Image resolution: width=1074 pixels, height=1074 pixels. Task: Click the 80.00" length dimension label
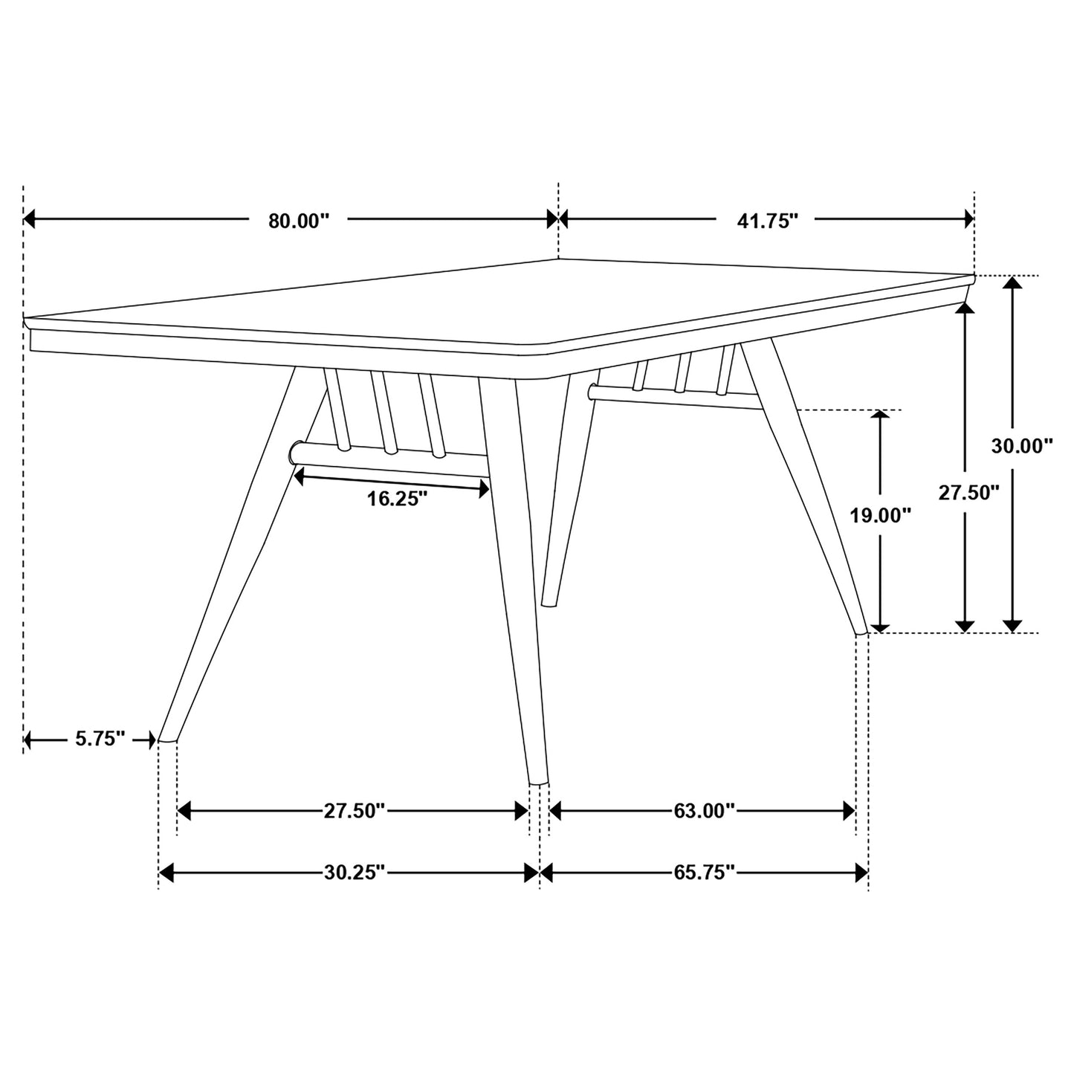click(x=298, y=220)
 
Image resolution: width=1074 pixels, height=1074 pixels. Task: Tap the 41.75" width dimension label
click(x=768, y=220)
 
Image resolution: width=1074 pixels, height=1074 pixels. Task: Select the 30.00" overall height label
click(x=1023, y=446)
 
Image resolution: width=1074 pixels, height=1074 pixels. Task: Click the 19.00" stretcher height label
click(x=881, y=514)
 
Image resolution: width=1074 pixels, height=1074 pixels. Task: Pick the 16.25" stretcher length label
click(x=398, y=498)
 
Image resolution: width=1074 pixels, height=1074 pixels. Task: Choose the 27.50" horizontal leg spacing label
click(x=354, y=810)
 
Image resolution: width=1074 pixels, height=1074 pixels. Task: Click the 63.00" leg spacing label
click(x=704, y=810)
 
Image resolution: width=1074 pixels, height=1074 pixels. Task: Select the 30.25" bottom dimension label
click(x=354, y=872)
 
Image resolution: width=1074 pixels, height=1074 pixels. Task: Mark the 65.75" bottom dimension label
click(x=704, y=872)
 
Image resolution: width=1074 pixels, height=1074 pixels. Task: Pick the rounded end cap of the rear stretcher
click(x=592, y=391)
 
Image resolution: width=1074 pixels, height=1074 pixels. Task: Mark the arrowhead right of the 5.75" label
click(x=149, y=740)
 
